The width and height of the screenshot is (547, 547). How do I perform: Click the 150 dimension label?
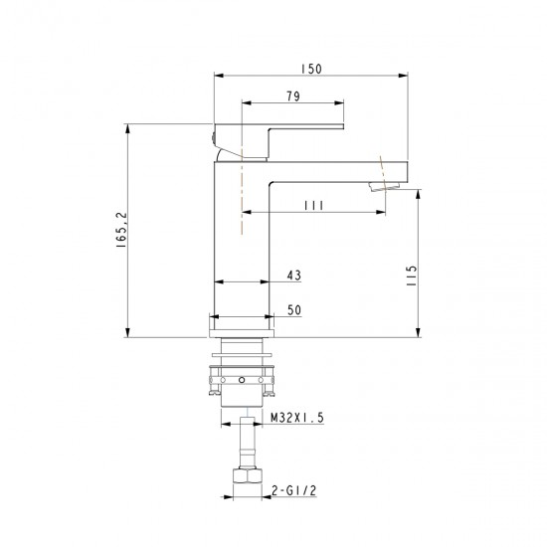(x=311, y=69)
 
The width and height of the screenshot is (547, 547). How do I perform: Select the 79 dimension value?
(x=293, y=96)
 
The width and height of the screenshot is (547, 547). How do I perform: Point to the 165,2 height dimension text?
(x=122, y=230)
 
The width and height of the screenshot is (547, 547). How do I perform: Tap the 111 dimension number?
(x=314, y=206)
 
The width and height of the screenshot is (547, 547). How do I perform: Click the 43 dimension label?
(x=293, y=275)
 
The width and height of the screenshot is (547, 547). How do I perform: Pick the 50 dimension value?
(x=294, y=309)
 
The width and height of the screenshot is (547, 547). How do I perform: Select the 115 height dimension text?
(x=412, y=275)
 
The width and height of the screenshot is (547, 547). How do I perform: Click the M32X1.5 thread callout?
(x=297, y=418)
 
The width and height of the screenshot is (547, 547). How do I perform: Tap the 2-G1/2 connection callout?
(x=293, y=490)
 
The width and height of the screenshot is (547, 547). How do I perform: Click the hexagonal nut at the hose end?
(x=247, y=475)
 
